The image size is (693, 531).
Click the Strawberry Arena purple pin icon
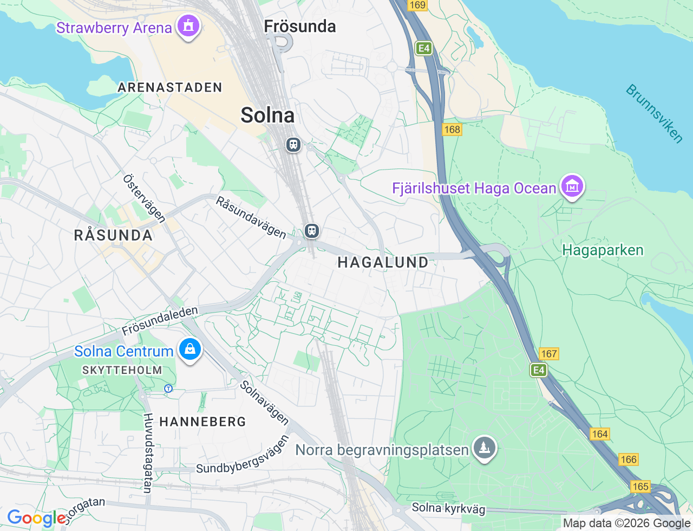click(x=188, y=25)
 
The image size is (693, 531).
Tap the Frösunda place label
click(x=300, y=27)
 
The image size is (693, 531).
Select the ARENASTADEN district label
click(x=170, y=87)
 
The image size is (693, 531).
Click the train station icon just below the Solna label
click(x=293, y=145)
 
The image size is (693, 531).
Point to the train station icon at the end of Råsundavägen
click(x=311, y=231)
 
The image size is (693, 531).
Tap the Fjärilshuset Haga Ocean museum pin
click(x=572, y=186)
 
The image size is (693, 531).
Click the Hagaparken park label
click(x=603, y=250)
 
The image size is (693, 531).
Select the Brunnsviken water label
click(x=654, y=114)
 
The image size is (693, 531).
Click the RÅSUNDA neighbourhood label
click(x=113, y=235)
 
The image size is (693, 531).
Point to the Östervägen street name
click(x=144, y=198)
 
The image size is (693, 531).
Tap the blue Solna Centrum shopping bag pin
click(x=190, y=349)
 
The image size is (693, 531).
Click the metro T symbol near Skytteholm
click(x=168, y=388)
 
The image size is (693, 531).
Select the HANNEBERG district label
click(x=203, y=422)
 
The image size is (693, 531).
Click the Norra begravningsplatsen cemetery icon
click(x=484, y=448)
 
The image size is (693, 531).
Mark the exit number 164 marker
click(x=600, y=434)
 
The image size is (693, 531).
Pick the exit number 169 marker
click(x=417, y=5)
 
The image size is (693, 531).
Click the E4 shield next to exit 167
click(x=538, y=370)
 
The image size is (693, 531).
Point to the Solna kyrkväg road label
click(x=448, y=508)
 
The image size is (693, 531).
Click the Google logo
click(x=37, y=519)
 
